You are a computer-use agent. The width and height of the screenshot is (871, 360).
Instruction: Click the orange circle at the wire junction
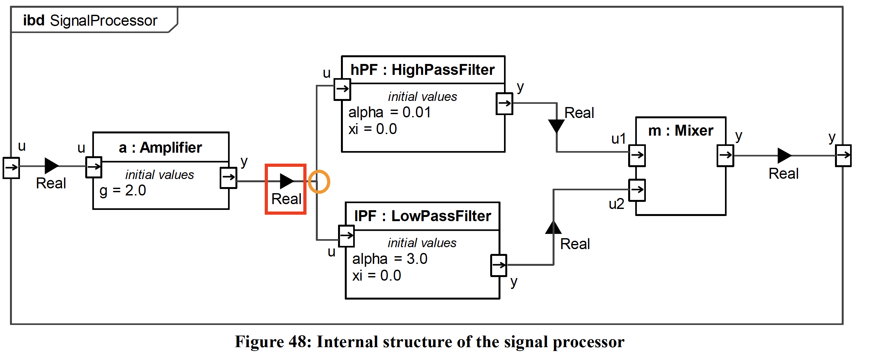pos(318,182)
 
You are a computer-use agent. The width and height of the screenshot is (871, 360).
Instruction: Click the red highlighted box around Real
pos(286,189)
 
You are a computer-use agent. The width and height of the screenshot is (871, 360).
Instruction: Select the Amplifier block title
pos(160,148)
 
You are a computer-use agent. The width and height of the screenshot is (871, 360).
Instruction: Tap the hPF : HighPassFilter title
pos(422,70)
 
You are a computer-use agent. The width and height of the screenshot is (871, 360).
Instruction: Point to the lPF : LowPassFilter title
pos(422,216)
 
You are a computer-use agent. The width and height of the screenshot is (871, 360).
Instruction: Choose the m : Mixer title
pos(680,130)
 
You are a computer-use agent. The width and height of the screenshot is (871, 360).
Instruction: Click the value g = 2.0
pos(123,190)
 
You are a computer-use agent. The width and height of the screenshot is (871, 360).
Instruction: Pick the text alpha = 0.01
pos(390,112)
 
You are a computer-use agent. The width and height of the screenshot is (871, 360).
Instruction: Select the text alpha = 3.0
pos(390,259)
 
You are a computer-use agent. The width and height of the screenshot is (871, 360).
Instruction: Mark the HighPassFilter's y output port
pos(504,104)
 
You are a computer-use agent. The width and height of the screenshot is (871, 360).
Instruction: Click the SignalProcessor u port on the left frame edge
pos(11,167)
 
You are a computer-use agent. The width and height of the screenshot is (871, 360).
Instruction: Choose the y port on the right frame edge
pos(843,156)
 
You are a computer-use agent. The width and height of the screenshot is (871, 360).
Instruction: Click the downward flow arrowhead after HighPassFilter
pos(556,126)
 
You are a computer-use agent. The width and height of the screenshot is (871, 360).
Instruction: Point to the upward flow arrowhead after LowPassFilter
pos(553,228)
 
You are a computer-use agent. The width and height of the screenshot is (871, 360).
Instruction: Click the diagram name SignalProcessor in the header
pos(104,21)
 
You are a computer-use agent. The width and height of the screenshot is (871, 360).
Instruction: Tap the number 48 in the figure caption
pos(297,342)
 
